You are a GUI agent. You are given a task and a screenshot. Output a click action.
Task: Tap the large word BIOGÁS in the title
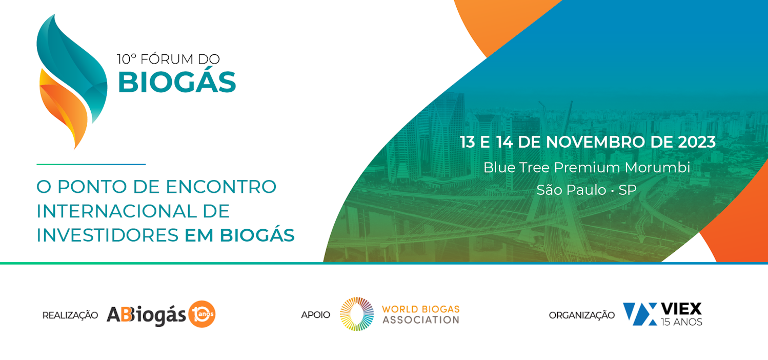coord(177,82)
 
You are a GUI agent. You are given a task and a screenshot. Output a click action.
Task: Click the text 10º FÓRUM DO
coord(168,59)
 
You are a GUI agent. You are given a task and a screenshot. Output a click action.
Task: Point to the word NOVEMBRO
coord(595,142)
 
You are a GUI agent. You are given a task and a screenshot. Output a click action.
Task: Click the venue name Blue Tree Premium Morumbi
coord(587,168)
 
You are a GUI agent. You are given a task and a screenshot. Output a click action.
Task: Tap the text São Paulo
coord(571,190)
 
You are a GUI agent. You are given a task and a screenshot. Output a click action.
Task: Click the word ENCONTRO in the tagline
coord(221,187)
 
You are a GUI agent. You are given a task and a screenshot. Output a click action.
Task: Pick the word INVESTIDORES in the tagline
coord(108,235)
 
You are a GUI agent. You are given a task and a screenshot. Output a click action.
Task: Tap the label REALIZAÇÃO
coord(70,315)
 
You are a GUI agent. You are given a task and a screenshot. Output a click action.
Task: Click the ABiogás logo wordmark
coord(147,314)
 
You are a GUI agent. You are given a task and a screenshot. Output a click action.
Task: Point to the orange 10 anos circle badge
coord(202,314)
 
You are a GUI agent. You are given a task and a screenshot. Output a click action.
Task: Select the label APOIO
coord(315,315)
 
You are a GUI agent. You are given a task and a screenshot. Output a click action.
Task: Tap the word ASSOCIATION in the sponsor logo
coord(421,320)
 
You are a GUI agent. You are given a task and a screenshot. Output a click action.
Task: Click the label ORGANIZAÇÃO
coord(582,315)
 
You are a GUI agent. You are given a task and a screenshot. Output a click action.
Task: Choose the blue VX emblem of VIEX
coord(640,314)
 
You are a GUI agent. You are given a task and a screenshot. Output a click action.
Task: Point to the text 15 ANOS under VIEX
coord(681,322)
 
